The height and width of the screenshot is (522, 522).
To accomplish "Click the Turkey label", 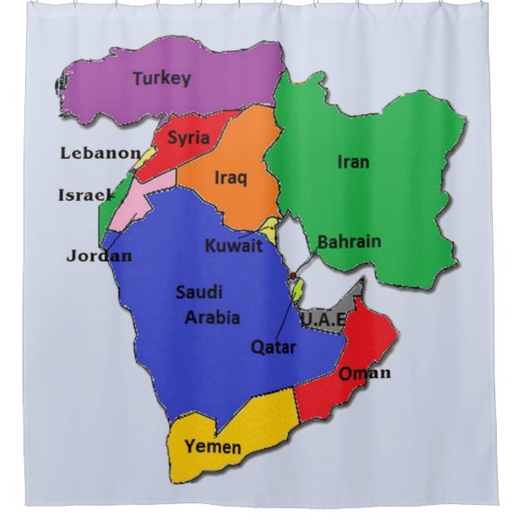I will pos(161,79).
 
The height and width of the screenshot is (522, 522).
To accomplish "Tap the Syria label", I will pos(189,138).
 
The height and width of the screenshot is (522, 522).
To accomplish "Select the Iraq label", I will pos(231,178).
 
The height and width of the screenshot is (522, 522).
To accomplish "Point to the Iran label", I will pos(353,162).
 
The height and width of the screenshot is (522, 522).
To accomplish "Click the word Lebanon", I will pos(101,152).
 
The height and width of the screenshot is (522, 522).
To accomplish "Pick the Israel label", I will pos(85,195).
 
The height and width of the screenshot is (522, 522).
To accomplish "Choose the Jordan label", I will pos(99,256).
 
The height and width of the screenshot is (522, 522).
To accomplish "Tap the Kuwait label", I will pos(233,246).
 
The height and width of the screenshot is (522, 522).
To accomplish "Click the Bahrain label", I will pos(349,242).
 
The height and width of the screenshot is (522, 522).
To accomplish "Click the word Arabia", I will pos(212,318).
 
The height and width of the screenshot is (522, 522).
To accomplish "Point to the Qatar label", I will pos(272,348).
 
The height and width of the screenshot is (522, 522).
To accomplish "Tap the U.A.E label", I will pos(323,321).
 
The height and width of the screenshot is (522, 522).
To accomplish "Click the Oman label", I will pos(364,373).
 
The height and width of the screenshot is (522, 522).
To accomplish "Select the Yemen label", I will pos(212,447).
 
